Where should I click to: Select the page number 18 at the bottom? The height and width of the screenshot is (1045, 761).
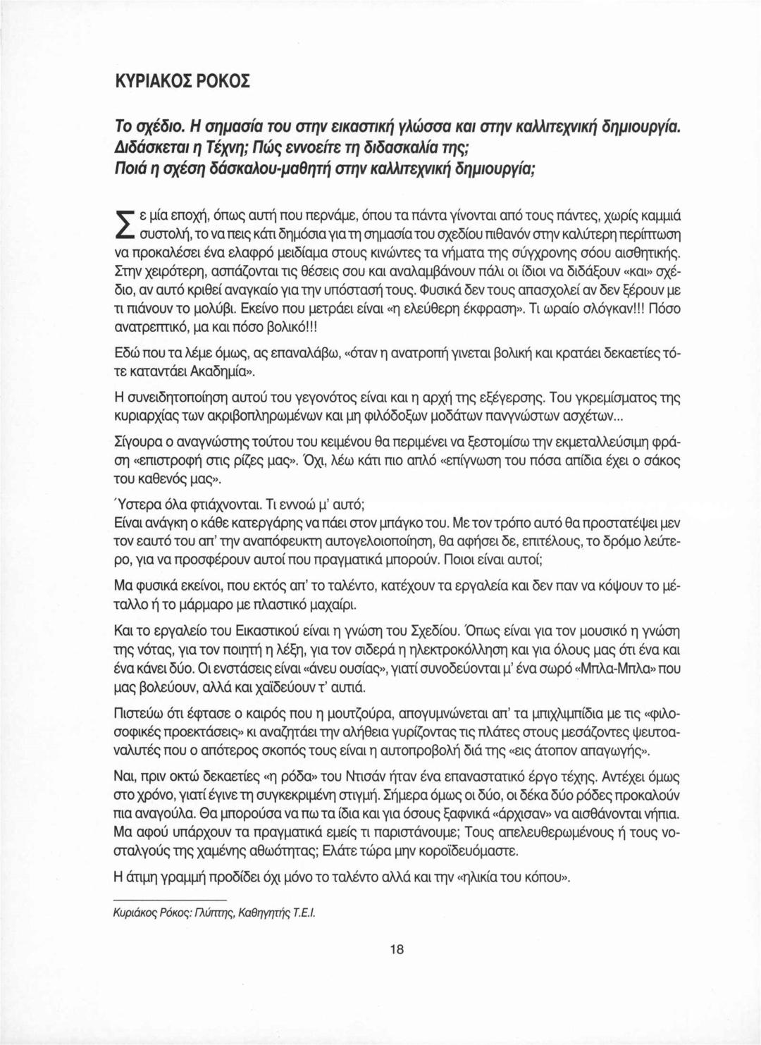[396, 950]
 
